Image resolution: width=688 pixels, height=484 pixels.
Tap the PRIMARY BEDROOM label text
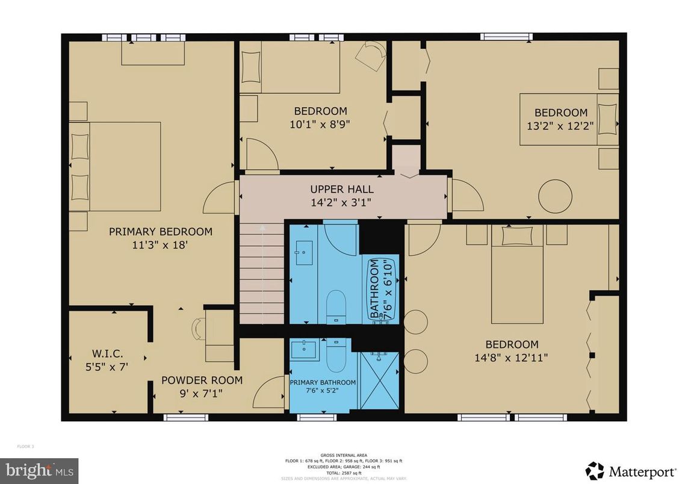(160, 232)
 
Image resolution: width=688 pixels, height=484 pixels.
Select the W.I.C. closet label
(106, 352)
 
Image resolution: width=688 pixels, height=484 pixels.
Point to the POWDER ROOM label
(202, 380)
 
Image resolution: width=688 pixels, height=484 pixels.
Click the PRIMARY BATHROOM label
(323, 382)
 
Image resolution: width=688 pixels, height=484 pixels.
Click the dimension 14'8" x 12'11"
(512, 357)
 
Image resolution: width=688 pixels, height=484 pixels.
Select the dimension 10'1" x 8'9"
(320, 125)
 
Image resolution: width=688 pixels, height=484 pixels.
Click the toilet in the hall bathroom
(336, 306)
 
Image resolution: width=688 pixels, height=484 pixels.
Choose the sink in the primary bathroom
(304, 349)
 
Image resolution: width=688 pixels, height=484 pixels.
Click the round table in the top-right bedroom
(555, 196)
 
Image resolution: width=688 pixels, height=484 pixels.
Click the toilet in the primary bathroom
(336, 358)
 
